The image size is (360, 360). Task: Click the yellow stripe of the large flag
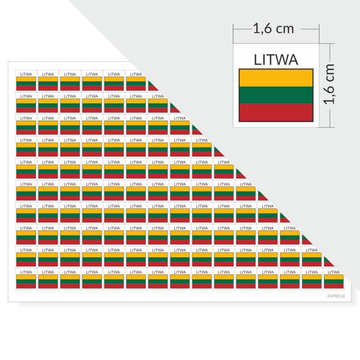[276, 78]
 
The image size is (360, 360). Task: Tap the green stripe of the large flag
[276, 95]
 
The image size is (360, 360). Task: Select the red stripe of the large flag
[276, 112]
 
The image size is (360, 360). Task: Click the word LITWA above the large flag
[276, 60]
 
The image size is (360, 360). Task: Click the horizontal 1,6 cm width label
[274, 29]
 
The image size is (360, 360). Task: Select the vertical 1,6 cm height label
[329, 84]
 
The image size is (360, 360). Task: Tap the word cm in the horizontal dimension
[285, 29]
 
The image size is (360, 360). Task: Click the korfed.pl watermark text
[336, 296]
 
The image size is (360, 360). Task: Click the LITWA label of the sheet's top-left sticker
[26, 74]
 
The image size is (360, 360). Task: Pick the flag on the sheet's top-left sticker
[26, 84]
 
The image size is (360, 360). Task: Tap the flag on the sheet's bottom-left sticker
[26, 282]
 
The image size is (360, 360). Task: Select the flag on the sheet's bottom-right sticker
[333, 282]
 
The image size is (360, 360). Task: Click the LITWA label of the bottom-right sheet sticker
[333, 272]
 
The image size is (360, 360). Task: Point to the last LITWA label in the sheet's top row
[136, 74]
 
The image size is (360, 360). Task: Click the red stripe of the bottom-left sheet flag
[26, 286]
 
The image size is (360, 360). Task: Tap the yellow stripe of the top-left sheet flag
[26, 79]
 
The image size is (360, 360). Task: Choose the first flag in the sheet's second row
[26, 106]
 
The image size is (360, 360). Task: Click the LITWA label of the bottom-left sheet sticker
[26, 272]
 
